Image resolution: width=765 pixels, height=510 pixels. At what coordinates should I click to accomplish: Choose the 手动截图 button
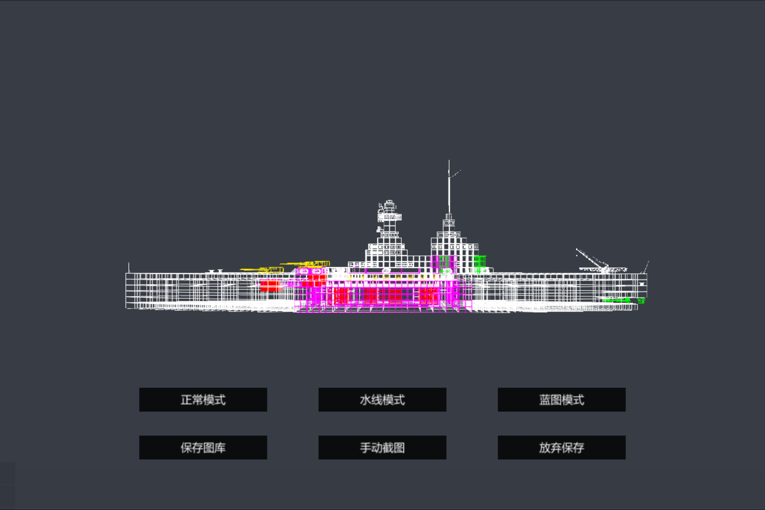[x=382, y=448]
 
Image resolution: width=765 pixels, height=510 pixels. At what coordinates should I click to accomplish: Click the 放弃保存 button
[x=561, y=448]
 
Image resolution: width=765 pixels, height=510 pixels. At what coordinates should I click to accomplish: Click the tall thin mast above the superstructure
[x=449, y=187]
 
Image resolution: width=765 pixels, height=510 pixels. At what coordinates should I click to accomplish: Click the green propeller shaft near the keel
[x=616, y=300]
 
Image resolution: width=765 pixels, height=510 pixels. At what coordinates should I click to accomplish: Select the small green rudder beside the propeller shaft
[x=641, y=300]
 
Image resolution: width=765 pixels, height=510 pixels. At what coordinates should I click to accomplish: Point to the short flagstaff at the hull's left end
[x=129, y=267]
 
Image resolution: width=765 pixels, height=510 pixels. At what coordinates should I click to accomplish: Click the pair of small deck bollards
[x=216, y=271]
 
